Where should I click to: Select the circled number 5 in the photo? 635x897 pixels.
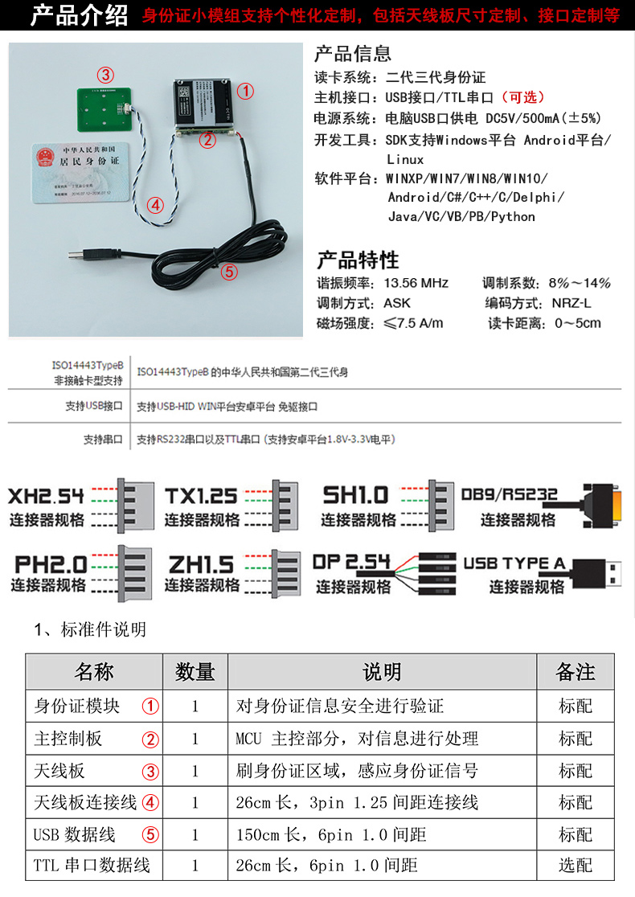point(229,272)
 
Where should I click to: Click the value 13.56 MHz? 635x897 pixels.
point(416,283)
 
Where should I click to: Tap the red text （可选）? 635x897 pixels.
point(522,97)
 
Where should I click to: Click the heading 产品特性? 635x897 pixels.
point(357,260)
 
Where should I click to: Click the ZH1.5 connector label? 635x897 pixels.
point(201,564)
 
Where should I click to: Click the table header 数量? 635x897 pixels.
point(195,672)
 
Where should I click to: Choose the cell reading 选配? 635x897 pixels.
point(576,866)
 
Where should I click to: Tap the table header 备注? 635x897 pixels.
point(576,672)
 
